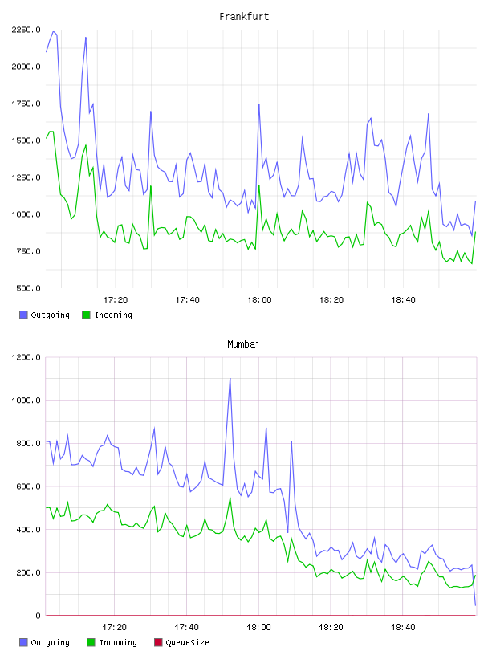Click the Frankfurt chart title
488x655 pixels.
point(244,17)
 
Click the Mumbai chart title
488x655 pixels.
point(243,344)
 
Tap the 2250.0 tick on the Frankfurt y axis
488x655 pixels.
point(26,30)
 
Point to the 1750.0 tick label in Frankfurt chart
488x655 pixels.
point(26,104)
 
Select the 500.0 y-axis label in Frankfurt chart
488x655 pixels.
point(28,288)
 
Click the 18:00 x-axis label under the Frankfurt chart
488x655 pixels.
point(259,300)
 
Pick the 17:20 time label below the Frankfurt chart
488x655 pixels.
point(116,300)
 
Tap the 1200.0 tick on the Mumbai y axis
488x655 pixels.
point(26,357)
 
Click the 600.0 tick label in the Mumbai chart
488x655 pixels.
point(28,486)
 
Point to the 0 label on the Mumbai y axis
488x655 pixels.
point(38,616)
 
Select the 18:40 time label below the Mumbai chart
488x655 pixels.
point(403,628)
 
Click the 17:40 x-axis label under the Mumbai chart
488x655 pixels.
point(187,628)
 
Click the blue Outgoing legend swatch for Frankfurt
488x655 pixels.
point(23,315)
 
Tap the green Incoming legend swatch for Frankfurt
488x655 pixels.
point(86,315)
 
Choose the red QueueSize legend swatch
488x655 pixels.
point(158,642)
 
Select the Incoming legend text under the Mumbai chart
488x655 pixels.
point(118,642)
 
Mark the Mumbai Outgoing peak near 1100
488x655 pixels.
point(230,379)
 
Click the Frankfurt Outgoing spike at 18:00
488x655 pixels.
point(259,104)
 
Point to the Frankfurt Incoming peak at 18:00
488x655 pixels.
point(259,185)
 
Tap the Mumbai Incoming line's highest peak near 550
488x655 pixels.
point(230,498)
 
